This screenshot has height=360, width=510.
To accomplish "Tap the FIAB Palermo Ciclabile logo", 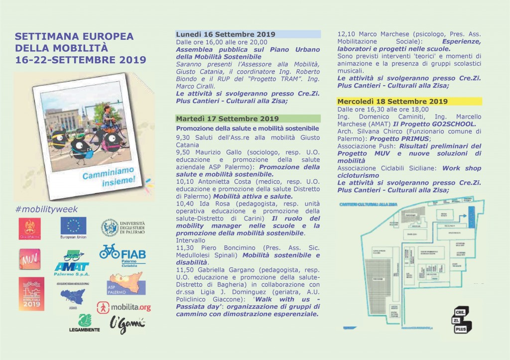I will click(x=123, y=254).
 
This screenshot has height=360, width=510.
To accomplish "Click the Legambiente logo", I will click(x=85, y=323).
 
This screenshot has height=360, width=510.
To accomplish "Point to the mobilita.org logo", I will click(x=124, y=307).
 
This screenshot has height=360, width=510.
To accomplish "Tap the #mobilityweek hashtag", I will click(x=47, y=209).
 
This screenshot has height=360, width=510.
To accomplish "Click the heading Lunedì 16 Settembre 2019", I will click(x=226, y=34).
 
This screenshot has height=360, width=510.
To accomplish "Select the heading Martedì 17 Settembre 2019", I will click(x=227, y=119).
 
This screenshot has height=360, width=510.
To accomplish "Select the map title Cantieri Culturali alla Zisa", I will click(x=368, y=205).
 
